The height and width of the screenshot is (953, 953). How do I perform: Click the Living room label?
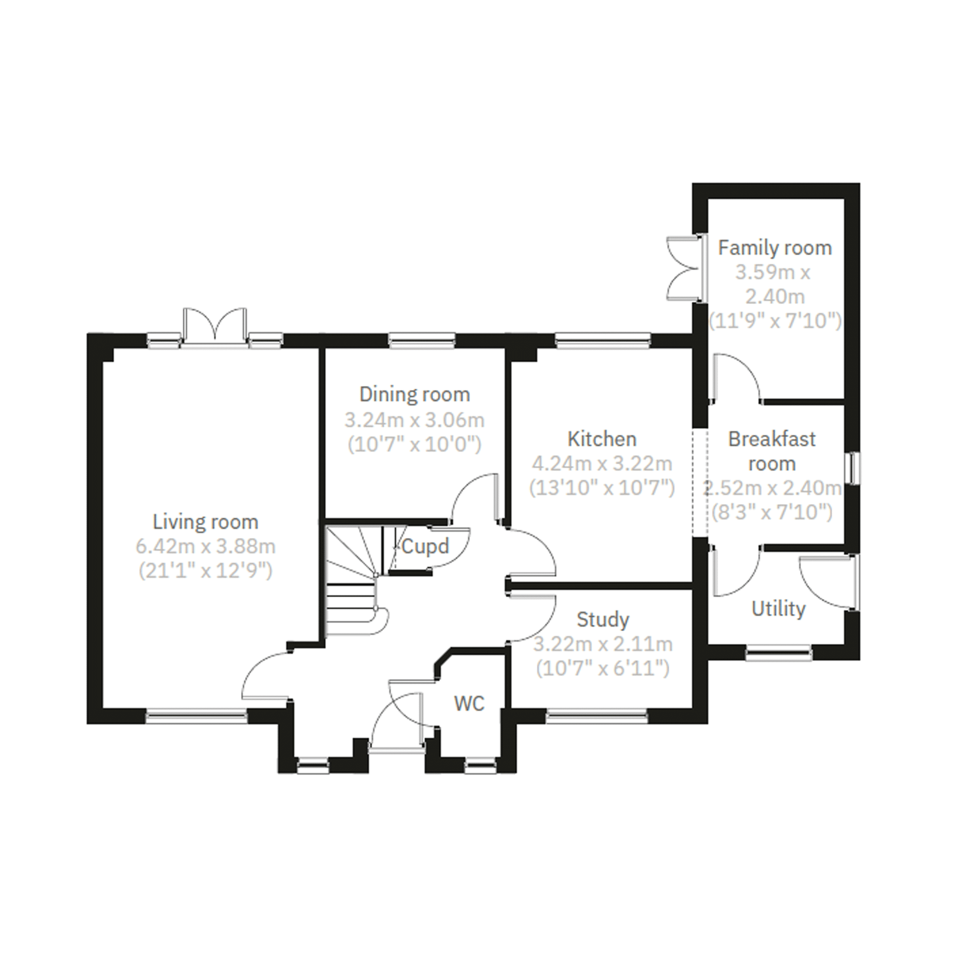click(205, 522)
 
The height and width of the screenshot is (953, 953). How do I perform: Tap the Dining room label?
click(415, 394)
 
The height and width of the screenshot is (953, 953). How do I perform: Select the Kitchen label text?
click(602, 439)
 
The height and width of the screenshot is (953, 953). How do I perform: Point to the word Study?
click(603, 619)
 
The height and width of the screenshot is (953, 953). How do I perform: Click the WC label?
click(469, 704)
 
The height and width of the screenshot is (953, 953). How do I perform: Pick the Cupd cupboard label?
click(425, 546)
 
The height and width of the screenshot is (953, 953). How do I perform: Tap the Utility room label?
click(778, 609)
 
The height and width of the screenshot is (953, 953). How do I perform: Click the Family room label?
click(775, 248)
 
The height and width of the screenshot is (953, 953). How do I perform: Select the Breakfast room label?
click(772, 451)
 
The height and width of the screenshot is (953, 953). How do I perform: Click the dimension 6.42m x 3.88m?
click(205, 546)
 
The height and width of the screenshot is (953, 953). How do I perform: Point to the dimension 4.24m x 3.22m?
click(602, 464)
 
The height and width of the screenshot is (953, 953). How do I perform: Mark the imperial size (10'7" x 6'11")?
click(603, 669)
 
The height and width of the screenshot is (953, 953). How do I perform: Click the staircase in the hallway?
click(352, 582)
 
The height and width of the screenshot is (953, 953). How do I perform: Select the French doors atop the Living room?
click(214, 328)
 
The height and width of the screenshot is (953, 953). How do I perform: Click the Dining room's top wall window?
click(422, 340)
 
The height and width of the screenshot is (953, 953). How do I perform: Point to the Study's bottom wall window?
click(597, 717)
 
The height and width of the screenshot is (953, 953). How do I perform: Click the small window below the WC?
click(481, 766)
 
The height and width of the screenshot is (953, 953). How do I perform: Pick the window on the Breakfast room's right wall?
click(852, 468)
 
